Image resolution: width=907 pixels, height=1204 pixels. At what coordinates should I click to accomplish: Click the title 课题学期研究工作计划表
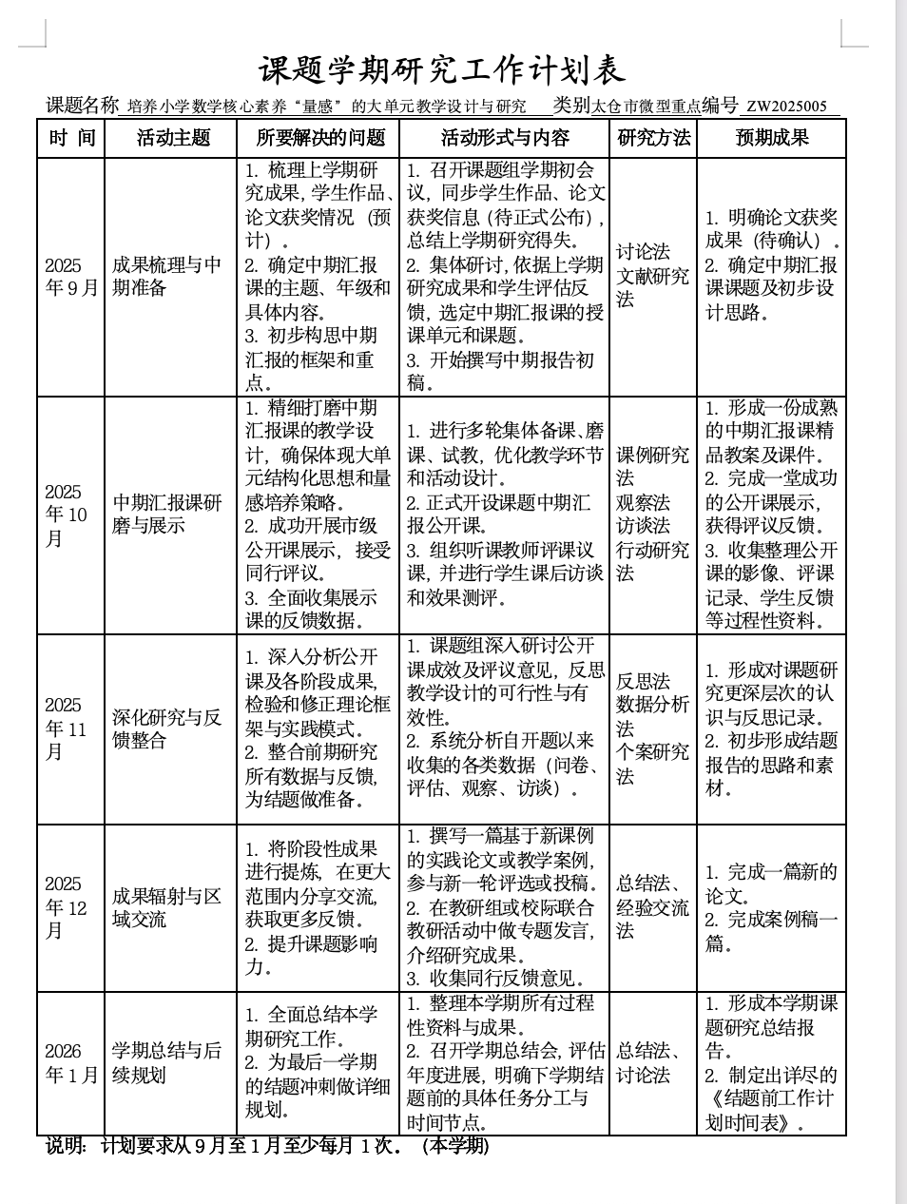442,69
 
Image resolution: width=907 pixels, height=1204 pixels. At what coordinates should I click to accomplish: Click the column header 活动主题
172,138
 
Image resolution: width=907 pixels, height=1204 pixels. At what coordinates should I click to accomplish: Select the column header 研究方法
653,138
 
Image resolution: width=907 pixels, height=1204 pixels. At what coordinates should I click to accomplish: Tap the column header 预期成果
771,138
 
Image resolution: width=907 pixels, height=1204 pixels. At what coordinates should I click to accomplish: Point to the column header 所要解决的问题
319,138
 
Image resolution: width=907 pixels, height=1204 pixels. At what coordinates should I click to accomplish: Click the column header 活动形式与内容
505,138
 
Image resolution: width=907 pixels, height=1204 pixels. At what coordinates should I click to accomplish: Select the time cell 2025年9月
71,277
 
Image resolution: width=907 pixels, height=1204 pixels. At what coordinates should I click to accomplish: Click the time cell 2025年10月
67,515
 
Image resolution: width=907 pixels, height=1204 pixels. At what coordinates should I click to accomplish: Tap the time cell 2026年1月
71,1062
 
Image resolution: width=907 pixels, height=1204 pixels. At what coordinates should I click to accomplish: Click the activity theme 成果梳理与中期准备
166,276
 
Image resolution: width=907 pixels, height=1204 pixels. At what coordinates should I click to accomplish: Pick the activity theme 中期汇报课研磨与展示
166,514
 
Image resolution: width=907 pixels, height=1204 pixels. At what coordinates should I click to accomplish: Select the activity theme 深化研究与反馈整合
166,728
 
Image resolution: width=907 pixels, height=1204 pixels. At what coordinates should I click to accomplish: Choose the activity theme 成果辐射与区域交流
166,907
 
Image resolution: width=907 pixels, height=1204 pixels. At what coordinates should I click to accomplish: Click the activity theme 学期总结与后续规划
166,1062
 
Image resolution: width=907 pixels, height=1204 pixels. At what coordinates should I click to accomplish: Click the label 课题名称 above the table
83,106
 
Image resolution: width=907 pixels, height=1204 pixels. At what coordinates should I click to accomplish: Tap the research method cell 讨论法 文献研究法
652,275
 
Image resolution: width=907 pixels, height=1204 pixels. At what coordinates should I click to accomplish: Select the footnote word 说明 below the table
66,1146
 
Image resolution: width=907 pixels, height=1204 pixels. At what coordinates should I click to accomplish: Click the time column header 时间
72,138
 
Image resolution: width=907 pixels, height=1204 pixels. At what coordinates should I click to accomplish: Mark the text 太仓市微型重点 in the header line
646,107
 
